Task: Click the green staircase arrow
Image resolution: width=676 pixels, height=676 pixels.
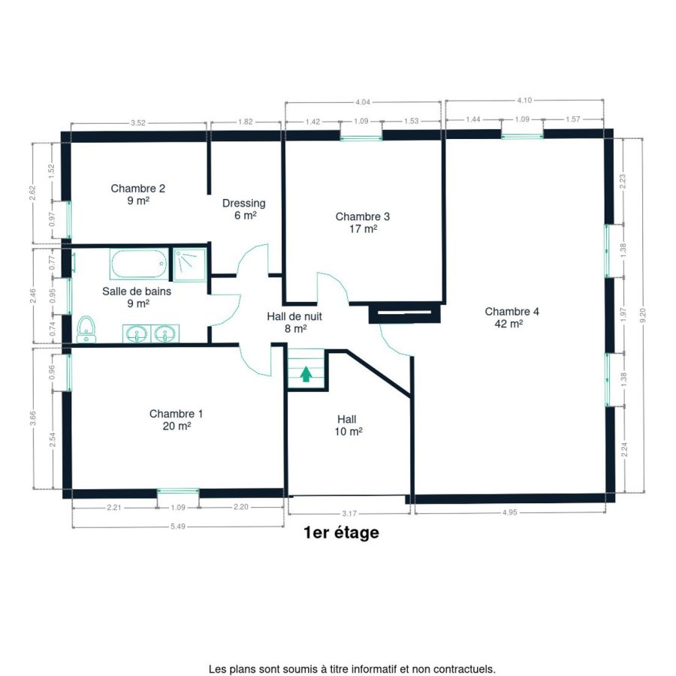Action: click(x=306, y=374)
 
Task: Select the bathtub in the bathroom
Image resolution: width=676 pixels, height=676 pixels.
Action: click(x=139, y=264)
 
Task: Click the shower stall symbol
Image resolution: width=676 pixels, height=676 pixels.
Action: click(x=190, y=264)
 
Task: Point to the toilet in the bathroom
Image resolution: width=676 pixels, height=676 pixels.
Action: click(x=86, y=330)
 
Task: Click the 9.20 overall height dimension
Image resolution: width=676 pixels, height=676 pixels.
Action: click(x=643, y=315)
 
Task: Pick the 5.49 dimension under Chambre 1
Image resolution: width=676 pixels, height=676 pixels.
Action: click(x=178, y=527)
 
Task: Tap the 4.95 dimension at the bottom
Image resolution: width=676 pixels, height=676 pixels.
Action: click(x=509, y=512)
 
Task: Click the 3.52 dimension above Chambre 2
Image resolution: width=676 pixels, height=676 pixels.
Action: click(x=138, y=123)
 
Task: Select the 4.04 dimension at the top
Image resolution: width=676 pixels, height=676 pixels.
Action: click(x=363, y=102)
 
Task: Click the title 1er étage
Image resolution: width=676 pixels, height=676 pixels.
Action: click(x=342, y=533)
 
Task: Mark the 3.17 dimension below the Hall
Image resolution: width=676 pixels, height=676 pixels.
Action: click(x=349, y=514)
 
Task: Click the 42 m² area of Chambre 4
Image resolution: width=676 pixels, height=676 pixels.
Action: click(x=509, y=323)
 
